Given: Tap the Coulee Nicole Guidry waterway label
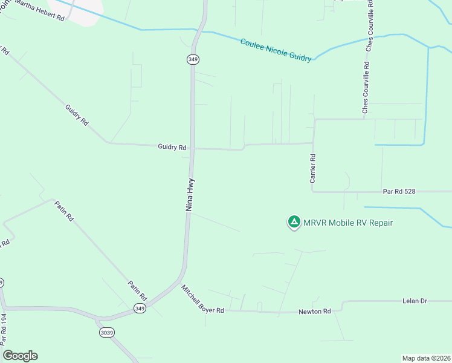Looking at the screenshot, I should [276, 50].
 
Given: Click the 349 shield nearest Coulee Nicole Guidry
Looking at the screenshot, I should [193, 59].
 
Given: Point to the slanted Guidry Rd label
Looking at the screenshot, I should [76, 115].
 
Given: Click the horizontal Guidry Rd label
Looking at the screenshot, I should [172, 147].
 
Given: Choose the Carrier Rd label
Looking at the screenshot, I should [313, 168].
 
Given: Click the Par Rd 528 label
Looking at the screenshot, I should [400, 191].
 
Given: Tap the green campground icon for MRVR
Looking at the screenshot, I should [294, 223].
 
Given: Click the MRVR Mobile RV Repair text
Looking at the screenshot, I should [349, 223].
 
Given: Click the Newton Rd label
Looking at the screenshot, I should [315, 312].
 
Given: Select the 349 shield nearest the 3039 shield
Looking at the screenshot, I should [140, 309].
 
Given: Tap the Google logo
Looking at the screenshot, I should [20, 356].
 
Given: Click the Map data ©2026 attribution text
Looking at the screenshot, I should [426, 358].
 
